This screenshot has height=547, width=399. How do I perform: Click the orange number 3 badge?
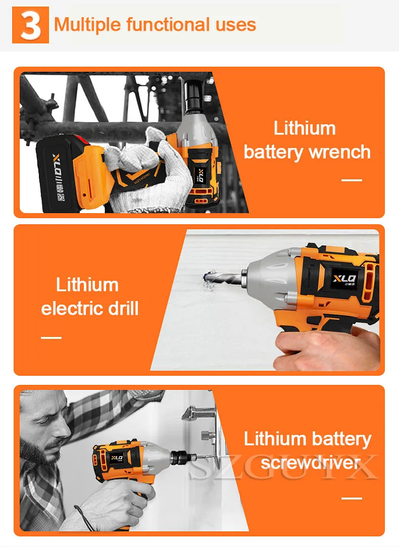(x=30, y=25)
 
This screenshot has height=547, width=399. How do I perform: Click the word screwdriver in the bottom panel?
(x=311, y=463)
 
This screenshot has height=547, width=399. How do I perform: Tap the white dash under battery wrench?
(x=352, y=180)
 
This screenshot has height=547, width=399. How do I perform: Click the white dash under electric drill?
(x=52, y=337)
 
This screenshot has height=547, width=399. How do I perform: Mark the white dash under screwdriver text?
(x=352, y=498)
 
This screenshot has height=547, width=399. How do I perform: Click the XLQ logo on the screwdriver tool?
(x=117, y=458)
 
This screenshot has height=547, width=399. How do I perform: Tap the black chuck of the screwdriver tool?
(x=180, y=457)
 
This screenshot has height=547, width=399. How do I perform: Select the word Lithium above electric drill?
(x=87, y=285)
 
